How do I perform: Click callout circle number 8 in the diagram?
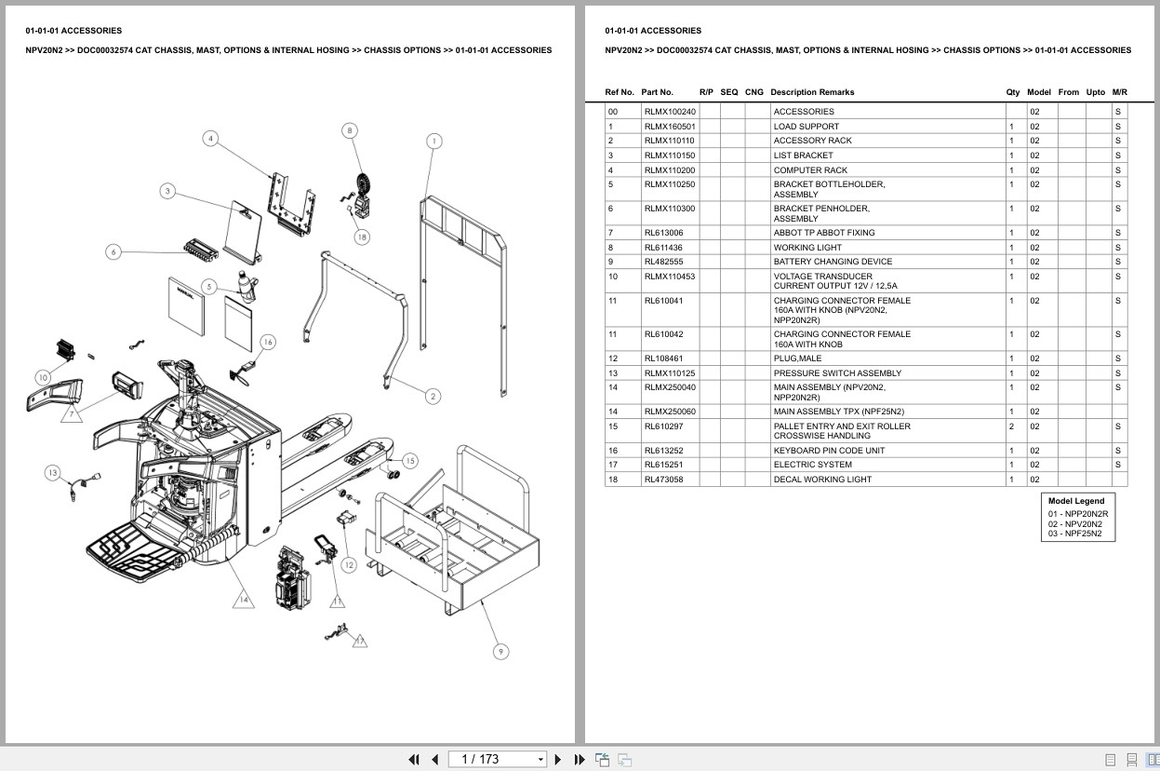pyautogui.click(x=350, y=130)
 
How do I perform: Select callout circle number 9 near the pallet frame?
pyautogui.click(x=500, y=651)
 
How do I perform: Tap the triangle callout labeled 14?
pyautogui.click(x=243, y=600)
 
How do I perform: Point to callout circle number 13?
pyautogui.click(x=53, y=473)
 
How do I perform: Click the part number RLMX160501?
pyautogui.click(x=669, y=127)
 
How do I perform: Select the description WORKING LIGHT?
pyautogui.click(x=807, y=248)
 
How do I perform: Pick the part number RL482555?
pyautogui.click(x=663, y=262)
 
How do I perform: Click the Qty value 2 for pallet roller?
pyautogui.click(x=1011, y=426)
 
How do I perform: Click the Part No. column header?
pyautogui.click(x=657, y=92)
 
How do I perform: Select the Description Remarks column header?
pyautogui.click(x=811, y=92)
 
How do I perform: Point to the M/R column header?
pyautogui.click(x=1119, y=92)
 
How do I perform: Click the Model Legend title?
pyautogui.click(x=1076, y=501)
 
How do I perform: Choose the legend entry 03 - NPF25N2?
pyautogui.click(x=1074, y=534)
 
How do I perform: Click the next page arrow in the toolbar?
pyautogui.click(x=558, y=760)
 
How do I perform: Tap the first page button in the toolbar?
pyautogui.click(x=414, y=760)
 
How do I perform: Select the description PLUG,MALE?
pyautogui.click(x=797, y=358)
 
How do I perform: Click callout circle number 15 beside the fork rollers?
pyautogui.click(x=409, y=460)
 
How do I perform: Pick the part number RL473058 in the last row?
pyautogui.click(x=663, y=480)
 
